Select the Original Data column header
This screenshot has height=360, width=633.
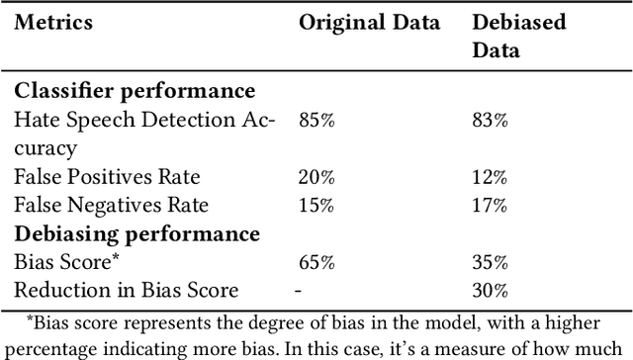click(369, 23)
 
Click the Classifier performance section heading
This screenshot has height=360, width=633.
click(135, 91)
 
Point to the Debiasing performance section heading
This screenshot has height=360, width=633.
click(136, 233)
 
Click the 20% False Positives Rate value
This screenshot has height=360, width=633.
click(316, 177)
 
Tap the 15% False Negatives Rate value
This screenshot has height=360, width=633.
click(316, 206)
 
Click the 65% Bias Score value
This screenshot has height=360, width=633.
click(316, 262)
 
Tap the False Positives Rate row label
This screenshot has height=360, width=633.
click(107, 177)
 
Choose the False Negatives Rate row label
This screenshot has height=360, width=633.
click(111, 206)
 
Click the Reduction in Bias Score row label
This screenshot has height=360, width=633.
click(127, 291)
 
